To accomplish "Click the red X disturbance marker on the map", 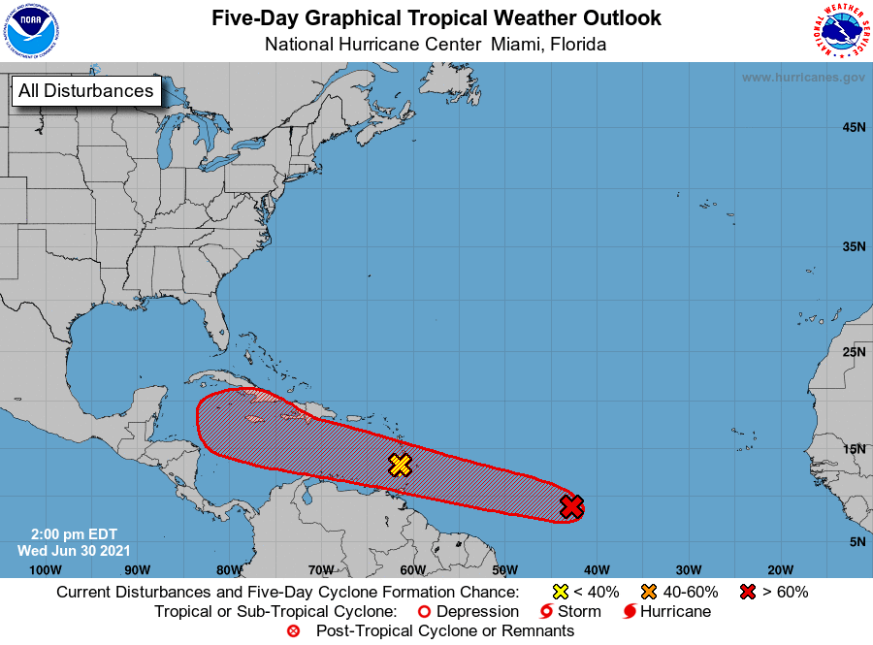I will point(572,505).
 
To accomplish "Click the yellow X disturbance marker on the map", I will point(400,465).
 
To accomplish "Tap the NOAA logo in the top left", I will point(30,31).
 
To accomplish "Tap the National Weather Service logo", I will point(840,31).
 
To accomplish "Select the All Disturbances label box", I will point(85,91).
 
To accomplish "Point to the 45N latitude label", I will point(853,127).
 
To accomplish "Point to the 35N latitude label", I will point(853,246).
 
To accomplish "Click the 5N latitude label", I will point(857,541).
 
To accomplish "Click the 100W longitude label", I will point(39,569).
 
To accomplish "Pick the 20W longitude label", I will point(780,569).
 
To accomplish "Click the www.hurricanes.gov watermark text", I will point(803,77).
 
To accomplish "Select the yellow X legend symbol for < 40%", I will point(560,592).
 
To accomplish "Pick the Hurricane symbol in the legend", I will point(630,612).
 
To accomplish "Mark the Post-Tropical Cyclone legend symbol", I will point(294,631).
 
